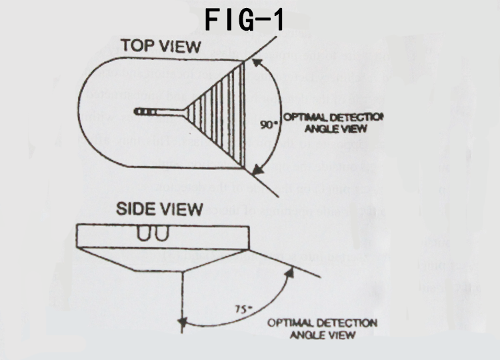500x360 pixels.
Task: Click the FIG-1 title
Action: [246, 20]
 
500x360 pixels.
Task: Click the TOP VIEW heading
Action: [161, 47]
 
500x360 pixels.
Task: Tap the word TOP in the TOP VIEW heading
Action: [135, 47]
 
